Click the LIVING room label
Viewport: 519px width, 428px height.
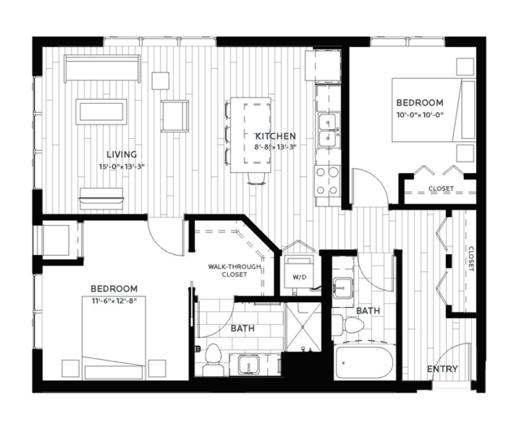[122, 154]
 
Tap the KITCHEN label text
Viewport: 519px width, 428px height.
[275, 136]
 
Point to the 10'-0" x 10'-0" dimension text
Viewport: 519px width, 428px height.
[420, 115]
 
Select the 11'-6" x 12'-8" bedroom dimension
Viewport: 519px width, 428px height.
[114, 300]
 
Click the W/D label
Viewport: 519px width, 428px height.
[299, 277]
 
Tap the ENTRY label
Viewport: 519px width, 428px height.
[443, 369]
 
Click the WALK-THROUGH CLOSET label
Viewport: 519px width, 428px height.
[235, 270]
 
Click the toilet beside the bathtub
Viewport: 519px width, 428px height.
[348, 324]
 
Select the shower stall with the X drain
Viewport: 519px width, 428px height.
[303, 327]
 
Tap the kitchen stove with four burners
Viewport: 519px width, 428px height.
[327, 181]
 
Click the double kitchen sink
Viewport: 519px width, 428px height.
[327, 130]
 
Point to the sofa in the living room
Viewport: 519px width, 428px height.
[102, 68]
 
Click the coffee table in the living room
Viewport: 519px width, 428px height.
[102, 112]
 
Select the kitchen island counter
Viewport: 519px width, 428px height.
[250, 135]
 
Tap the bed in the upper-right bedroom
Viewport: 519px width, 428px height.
[434, 110]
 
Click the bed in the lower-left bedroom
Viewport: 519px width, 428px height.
[114, 338]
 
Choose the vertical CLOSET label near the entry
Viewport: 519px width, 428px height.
[471, 258]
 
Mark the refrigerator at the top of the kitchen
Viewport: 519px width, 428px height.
[323, 65]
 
